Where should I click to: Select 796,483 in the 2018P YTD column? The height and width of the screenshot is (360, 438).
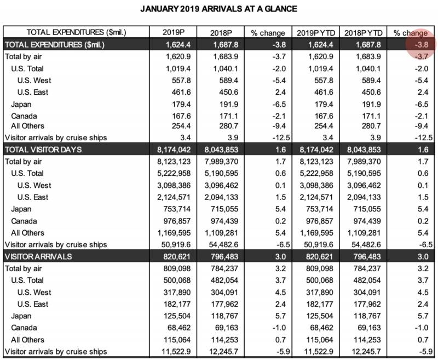(x=366, y=256)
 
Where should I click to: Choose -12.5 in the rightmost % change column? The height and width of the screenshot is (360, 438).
(x=417, y=138)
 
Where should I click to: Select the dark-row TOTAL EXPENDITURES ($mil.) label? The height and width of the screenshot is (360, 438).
(x=54, y=44)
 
